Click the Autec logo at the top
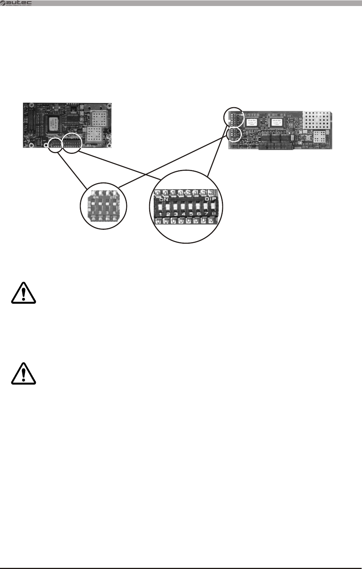click(x=17, y=3)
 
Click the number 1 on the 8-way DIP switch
click(x=161, y=214)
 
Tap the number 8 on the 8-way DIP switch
click(x=214, y=214)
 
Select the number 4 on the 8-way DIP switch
click(x=183, y=214)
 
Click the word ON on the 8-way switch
click(x=164, y=199)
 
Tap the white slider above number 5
click(x=191, y=207)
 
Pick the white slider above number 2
click(x=168, y=207)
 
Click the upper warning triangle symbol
click(x=23, y=293)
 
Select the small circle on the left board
click(x=55, y=145)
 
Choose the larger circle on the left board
click(x=72, y=143)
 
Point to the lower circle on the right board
click(x=234, y=135)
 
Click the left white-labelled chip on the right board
click(x=252, y=122)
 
